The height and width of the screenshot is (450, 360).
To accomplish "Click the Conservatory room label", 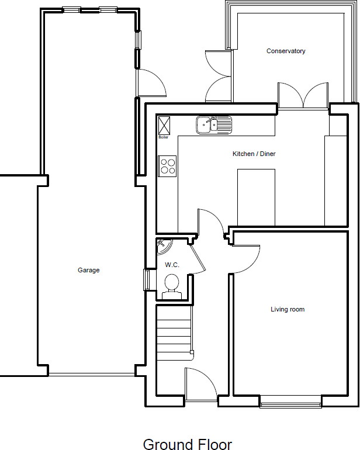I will click(286, 51).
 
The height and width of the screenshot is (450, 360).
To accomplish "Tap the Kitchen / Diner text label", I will click(254, 154).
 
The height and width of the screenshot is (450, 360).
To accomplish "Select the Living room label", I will click(287, 310).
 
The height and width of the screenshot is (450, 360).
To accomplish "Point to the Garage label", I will click(89, 271).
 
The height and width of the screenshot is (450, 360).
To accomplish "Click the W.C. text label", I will click(171, 265).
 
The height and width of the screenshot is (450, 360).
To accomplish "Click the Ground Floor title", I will click(187, 445).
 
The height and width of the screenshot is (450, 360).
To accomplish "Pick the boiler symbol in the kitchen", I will click(164, 125).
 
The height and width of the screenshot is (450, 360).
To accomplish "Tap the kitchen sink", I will click(213, 124).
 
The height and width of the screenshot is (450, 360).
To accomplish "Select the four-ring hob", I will click(168, 166).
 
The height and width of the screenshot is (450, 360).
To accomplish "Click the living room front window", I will click(290, 401).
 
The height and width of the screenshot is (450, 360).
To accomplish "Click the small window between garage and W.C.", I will click(147, 279).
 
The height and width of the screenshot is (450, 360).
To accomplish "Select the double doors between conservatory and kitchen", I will click(303, 96).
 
